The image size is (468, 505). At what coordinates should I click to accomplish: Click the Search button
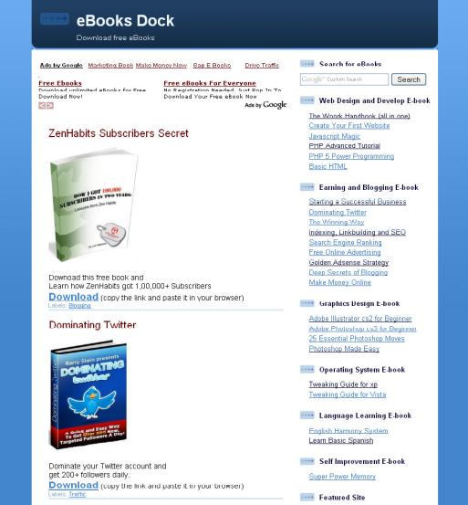pyautogui.click(x=408, y=79)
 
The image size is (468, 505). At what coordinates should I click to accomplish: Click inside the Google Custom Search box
pyautogui.click(x=345, y=79)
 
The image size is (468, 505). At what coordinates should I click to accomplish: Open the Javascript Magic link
pyautogui.click(x=334, y=136)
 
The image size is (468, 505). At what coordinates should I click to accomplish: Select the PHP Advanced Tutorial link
pyautogui.click(x=344, y=146)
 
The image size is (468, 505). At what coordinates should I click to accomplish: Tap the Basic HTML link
pyautogui.click(x=328, y=166)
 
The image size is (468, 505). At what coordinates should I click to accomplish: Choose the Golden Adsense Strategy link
pyautogui.click(x=348, y=262)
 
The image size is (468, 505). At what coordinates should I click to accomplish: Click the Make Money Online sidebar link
pyautogui.click(x=339, y=282)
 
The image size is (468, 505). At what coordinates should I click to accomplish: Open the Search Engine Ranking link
pyautogui.click(x=345, y=242)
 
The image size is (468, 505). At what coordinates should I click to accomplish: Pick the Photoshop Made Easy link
pyautogui.click(x=344, y=349)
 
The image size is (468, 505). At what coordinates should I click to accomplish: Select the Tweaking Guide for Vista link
pyautogui.click(x=347, y=395)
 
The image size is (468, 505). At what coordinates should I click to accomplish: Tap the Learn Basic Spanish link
pyautogui.click(x=340, y=440)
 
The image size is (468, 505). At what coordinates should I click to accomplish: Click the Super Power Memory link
pyautogui.click(x=341, y=477)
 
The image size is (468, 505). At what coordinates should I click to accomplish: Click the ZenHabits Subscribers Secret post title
pyautogui.click(x=119, y=133)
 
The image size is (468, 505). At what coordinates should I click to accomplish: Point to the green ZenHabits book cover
pyautogui.click(x=93, y=205)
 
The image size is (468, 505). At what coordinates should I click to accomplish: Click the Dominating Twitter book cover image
pyautogui.click(x=88, y=395)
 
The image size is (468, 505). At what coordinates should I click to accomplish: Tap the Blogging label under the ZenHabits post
pyautogui.click(x=79, y=305)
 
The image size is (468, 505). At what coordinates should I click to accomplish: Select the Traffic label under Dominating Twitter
pyautogui.click(x=78, y=494)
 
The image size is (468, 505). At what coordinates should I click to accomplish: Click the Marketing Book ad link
pyautogui.click(x=109, y=66)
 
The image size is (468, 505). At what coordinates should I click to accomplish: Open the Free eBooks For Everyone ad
pyautogui.click(x=210, y=83)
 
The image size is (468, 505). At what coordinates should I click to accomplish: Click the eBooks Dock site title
pyautogui.click(x=125, y=21)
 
